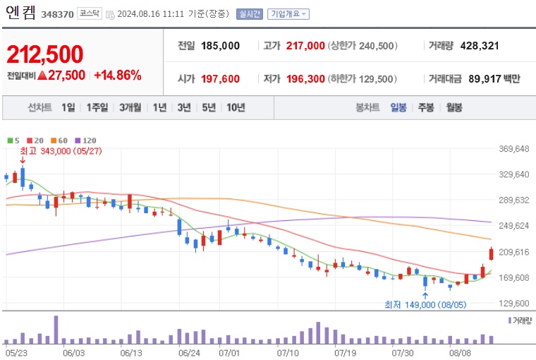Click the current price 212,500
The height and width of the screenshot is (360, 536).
point(45,54)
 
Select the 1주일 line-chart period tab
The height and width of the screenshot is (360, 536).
point(97,107)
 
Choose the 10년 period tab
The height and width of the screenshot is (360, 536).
point(236,107)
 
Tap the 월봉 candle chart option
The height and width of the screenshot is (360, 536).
point(453,107)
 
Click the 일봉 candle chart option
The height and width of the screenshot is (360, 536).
point(398,107)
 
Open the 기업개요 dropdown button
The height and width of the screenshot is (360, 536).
point(289,13)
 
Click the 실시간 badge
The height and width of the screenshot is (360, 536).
point(249,13)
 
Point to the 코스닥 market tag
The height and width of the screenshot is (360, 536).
point(90,13)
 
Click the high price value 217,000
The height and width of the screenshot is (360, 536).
point(305,46)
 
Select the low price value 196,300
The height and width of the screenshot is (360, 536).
point(305,78)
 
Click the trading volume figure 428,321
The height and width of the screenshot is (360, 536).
point(479,46)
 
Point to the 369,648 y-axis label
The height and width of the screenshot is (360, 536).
point(513,149)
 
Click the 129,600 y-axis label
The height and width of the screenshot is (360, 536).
point(513,304)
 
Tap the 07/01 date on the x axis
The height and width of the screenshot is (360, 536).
point(230,352)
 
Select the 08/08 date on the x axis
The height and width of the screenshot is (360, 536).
point(460,352)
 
